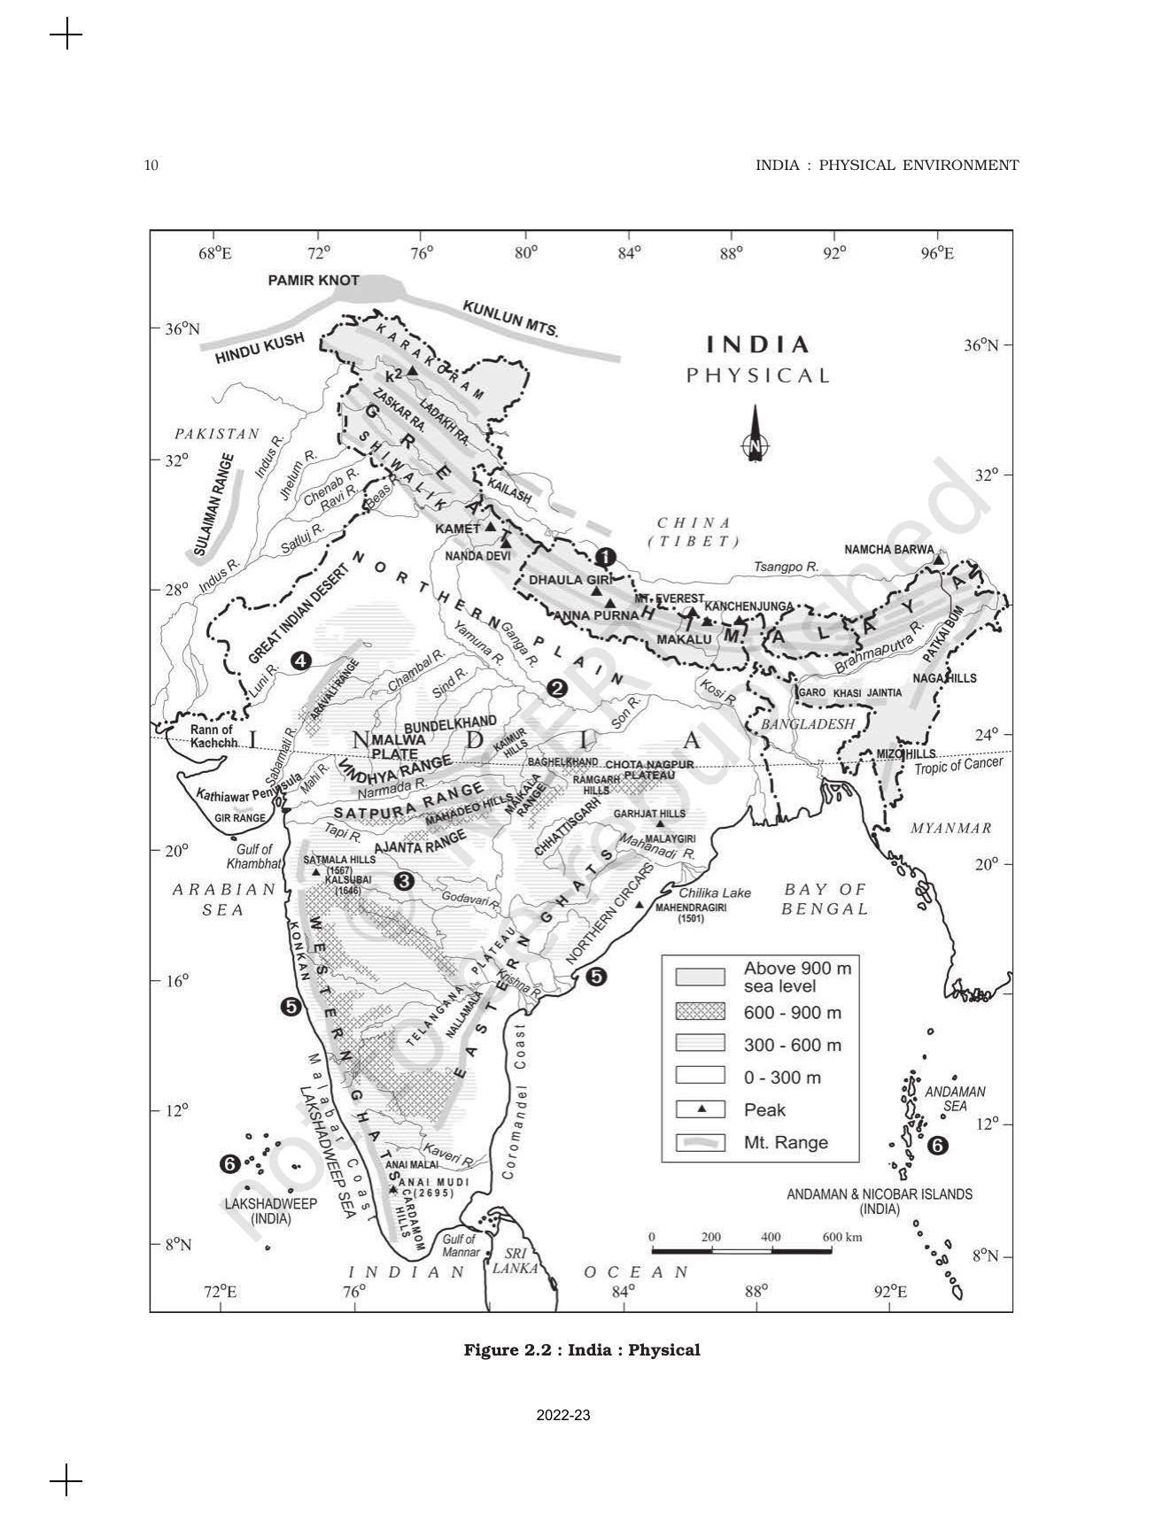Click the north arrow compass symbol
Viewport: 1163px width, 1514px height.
point(754,436)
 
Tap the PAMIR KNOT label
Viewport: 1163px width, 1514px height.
point(314,281)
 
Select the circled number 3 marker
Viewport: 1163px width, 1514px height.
point(404,881)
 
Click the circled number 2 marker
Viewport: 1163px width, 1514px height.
point(556,687)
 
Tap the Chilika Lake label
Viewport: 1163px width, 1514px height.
point(715,892)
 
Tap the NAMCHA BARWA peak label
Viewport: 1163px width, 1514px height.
point(888,550)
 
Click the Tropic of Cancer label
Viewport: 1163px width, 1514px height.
point(958,765)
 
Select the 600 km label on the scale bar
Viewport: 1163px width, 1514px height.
point(841,1237)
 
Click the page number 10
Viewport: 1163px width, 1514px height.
point(151,165)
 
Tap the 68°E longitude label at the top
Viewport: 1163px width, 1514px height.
point(215,253)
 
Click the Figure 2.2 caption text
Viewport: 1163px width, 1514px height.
point(582,1350)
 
